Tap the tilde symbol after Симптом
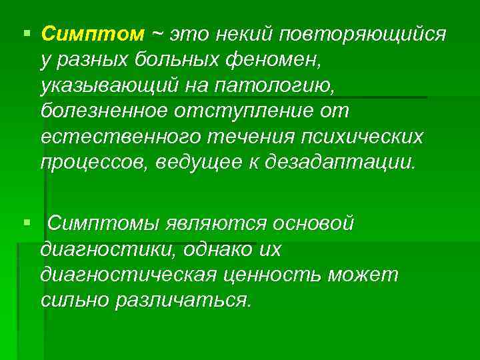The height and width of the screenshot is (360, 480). point(158,33)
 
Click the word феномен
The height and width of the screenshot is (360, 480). point(279,61)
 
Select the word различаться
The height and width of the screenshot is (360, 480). point(183,301)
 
